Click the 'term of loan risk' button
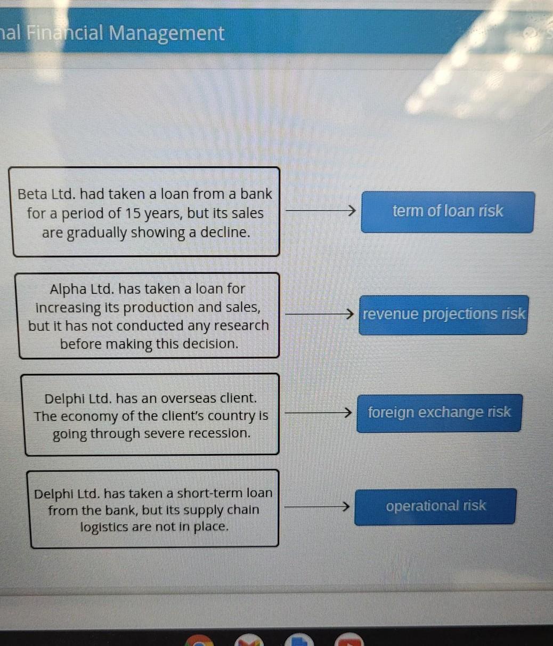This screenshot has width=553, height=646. (448, 212)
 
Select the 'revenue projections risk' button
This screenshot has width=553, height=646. (444, 314)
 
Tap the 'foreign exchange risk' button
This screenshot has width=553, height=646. (439, 413)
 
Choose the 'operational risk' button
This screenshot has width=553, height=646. (435, 506)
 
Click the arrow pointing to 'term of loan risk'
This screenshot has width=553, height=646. (321, 211)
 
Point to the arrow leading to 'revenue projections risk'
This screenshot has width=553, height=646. (320, 314)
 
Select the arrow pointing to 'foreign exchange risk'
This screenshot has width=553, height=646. (319, 413)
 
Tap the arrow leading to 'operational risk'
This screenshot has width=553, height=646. (317, 506)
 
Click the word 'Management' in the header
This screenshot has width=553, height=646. (166, 34)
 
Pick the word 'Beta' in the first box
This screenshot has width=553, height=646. (32, 194)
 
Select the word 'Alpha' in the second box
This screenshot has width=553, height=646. (68, 289)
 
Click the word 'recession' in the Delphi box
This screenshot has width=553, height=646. (219, 433)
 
